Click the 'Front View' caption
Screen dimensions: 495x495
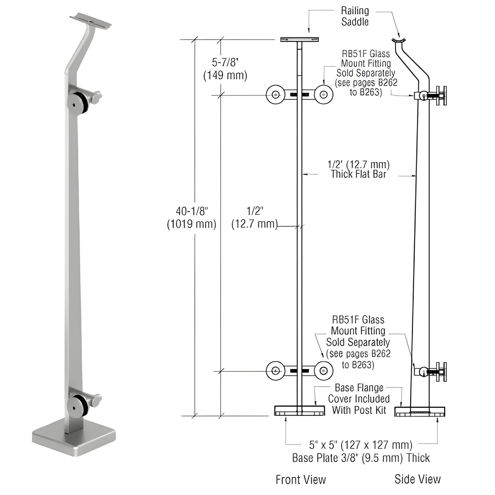(300, 480)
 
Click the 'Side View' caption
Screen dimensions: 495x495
(417, 479)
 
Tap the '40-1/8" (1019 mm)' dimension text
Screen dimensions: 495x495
(191, 218)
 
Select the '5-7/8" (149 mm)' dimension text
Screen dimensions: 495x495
(225, 69)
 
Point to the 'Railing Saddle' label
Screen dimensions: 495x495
(355, 16)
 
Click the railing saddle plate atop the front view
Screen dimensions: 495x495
(299, 40)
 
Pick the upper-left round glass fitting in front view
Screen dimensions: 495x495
(275, 95)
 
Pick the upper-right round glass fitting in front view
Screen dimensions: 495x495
(323, 95)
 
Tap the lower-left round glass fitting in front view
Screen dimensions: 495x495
(275, 370)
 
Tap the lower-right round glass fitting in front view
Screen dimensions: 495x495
(323, 370)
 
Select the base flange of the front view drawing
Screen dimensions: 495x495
(299, 411)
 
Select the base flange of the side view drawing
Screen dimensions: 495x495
(420, 411)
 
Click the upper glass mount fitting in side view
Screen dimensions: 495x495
(431, 96)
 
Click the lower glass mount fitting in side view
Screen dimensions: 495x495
(431, 372)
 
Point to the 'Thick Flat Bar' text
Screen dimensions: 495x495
(359, 174)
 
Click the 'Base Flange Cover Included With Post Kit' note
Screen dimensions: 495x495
(359, 399)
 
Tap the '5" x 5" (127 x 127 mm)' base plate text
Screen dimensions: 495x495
(360, 445)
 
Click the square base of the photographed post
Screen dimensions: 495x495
(74, 440)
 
